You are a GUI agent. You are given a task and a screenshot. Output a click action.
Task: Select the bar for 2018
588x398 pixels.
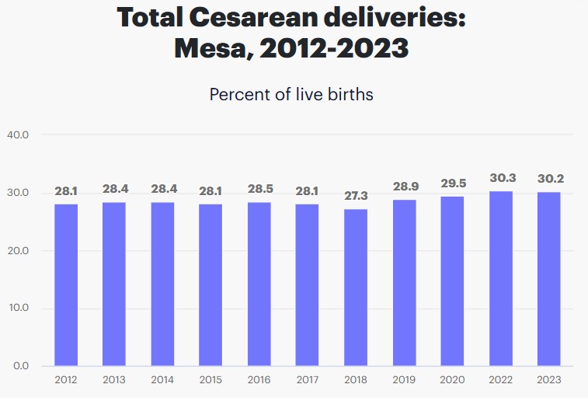[356, 288]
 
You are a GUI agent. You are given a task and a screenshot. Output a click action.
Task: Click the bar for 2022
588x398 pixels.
[501, 278]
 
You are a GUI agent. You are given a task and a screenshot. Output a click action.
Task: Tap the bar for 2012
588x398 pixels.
[66, 285]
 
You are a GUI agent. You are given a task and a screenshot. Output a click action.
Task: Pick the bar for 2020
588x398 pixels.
[453, 281]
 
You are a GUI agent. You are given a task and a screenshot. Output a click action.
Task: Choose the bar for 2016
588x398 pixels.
[259, 284]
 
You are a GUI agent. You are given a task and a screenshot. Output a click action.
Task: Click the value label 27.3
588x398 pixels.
[356, 195]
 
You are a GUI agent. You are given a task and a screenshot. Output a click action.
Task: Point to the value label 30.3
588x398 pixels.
[501, 178]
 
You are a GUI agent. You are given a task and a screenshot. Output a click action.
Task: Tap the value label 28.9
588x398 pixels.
[405, 187]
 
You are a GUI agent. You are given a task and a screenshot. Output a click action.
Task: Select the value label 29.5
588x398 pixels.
[453, 183]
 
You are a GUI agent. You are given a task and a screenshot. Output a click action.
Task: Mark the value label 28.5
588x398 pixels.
[259, 189]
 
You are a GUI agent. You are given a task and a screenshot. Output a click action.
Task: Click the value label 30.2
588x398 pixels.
[550, 179]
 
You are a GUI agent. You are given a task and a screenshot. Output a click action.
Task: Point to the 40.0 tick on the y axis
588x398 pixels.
[18, 134]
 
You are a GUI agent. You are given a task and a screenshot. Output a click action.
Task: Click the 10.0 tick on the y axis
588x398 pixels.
[18, 308]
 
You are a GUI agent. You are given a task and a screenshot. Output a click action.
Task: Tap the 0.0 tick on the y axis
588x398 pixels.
[20, 365]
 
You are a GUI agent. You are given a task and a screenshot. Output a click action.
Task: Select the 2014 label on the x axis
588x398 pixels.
[162, 380]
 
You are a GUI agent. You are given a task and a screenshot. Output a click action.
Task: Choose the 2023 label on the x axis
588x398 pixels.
[550, 380]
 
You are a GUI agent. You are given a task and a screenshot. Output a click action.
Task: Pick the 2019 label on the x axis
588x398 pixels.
[405, 380]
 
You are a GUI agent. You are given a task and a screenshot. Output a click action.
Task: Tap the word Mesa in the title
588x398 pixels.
[210, 48]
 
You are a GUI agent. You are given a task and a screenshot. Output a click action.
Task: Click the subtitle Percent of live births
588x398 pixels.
[291, 95]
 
